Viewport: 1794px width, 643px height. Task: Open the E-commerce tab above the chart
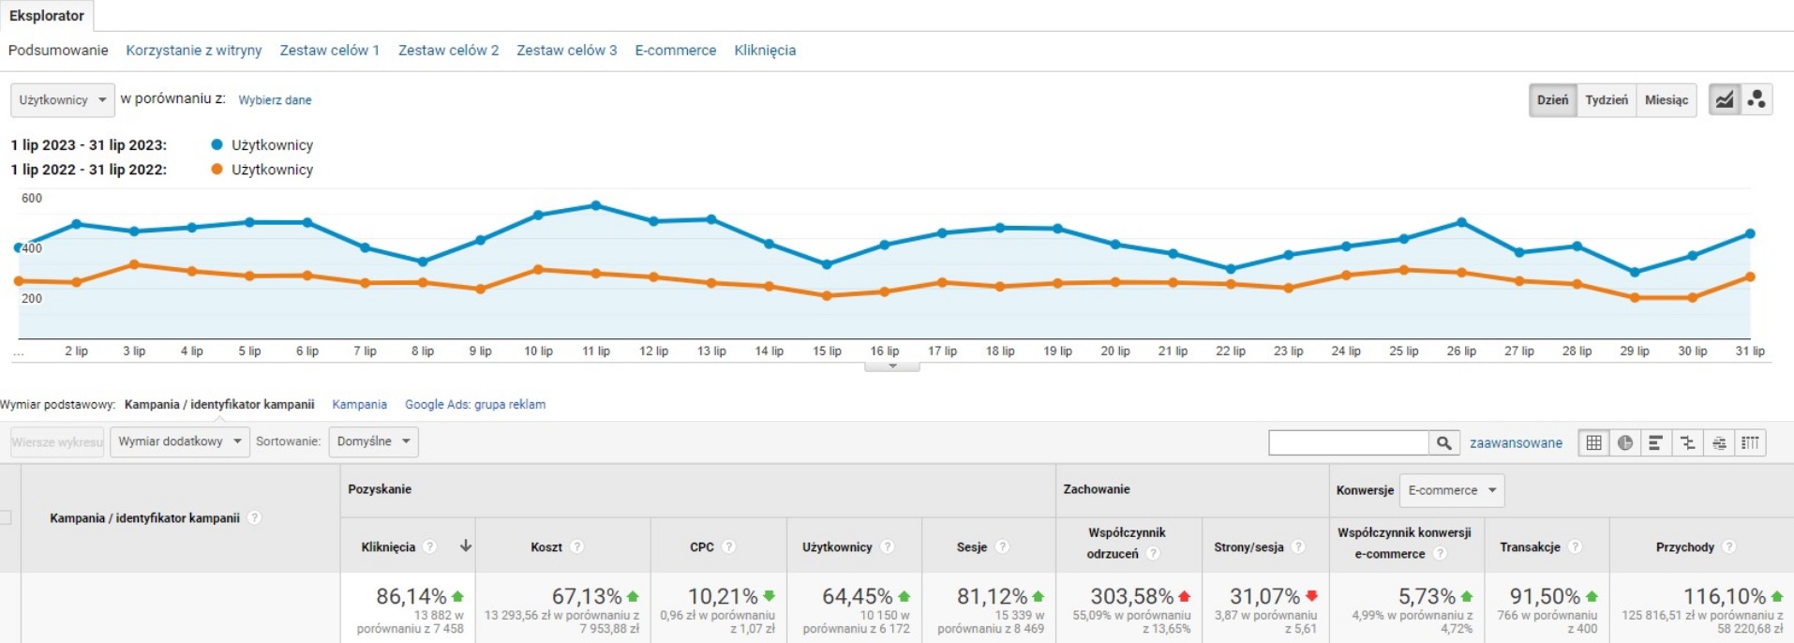(x=675, y=51)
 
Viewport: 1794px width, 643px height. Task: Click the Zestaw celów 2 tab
(x=448, y=51)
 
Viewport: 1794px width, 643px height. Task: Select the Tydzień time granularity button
(x=1607, y=100)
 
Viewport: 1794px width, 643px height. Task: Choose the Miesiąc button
(x=1666, y=100)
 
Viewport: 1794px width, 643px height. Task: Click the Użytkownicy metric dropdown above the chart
(x=63, y=100)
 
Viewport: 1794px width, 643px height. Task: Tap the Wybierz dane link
(x=275, y=100)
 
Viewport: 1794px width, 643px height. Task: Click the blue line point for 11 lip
(x=596, y=205)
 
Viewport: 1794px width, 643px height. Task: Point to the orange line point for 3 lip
(x=134, y=264)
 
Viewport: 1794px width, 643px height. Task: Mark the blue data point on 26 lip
(x=1461, y=222)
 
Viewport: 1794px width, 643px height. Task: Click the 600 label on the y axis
(x=32, y=199)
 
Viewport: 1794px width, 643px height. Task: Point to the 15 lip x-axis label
(x=827, y=351)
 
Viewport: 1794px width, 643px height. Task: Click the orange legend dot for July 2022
(x=217, y=170)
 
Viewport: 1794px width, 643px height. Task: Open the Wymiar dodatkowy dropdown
(x=179, y=441)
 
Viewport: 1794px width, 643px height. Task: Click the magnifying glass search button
(x=1443, y=442)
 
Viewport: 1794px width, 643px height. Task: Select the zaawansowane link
(x=1516, y=443)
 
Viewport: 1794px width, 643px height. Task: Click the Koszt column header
(x=546, y=547)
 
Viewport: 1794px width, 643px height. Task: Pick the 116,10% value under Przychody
(x=1724, y=596)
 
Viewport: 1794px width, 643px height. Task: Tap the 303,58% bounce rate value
(x=1131, y=596)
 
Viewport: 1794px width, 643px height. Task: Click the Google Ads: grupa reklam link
(x=475, y=405)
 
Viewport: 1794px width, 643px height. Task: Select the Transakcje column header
(x=1530, y=547)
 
